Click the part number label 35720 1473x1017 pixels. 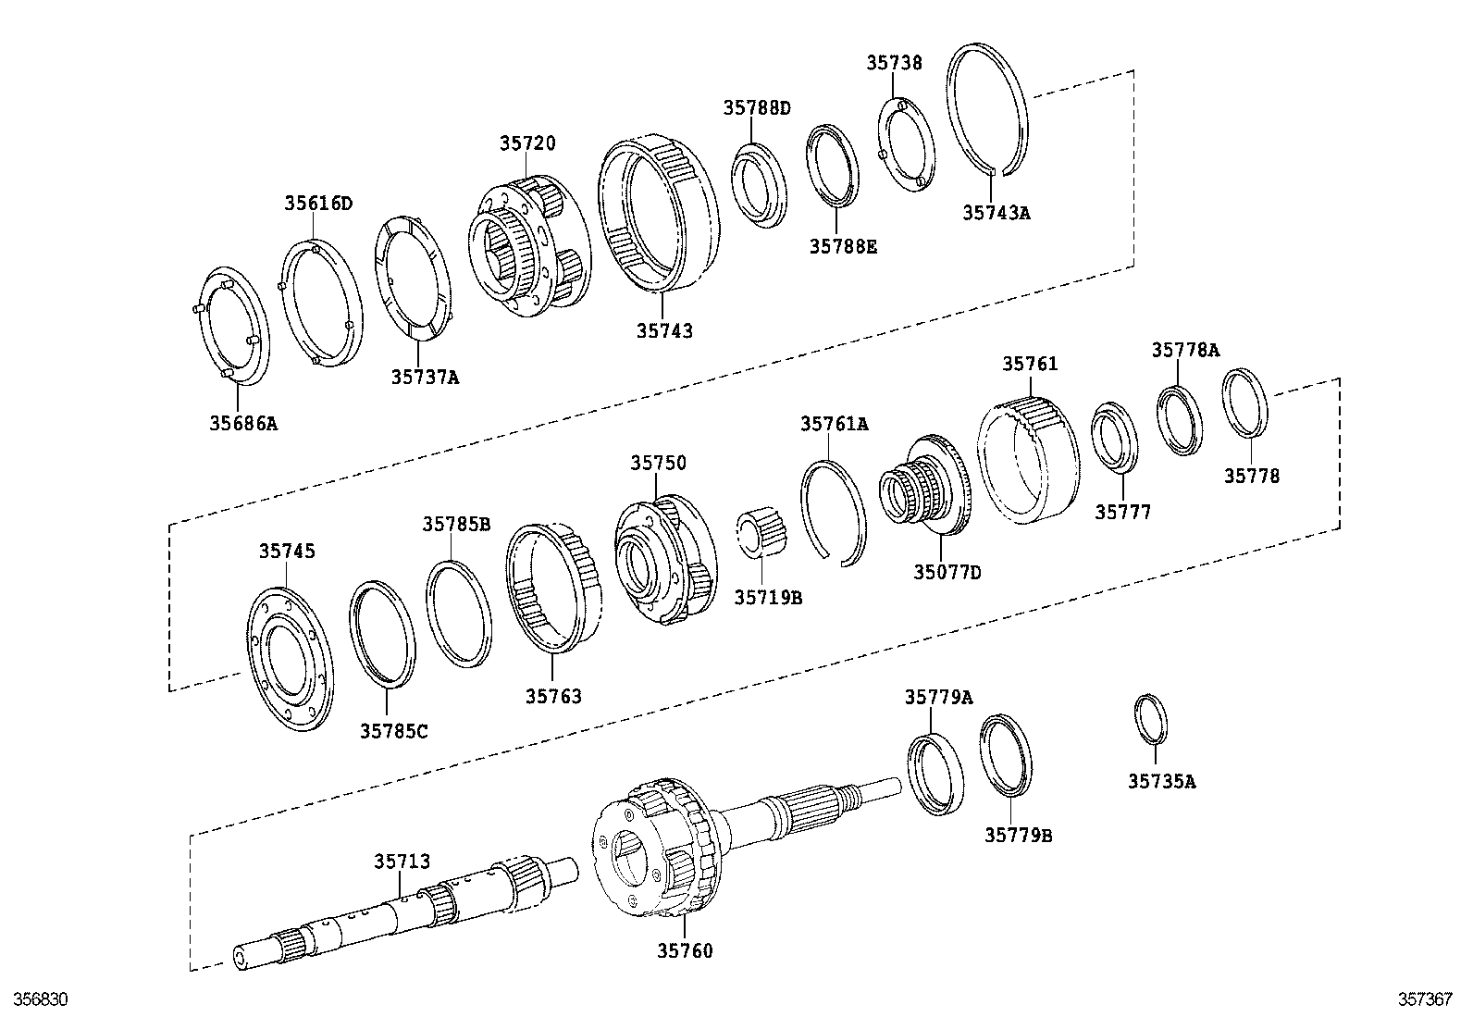(x=527, y=143)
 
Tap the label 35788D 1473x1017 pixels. (x=756, y=108)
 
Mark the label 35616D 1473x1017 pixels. (x=318, y=204)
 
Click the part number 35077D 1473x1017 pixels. (x=947, y=572)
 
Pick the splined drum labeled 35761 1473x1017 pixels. (x=1027, y=457)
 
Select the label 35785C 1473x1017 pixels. (x=393, y=731)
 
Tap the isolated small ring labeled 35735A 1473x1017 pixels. (x=1150, y=718)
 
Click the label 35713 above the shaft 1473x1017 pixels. (x=402, y=862)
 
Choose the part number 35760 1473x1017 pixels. (x=685, y=950)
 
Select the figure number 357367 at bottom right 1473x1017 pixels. (x=1424, y=1000)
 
